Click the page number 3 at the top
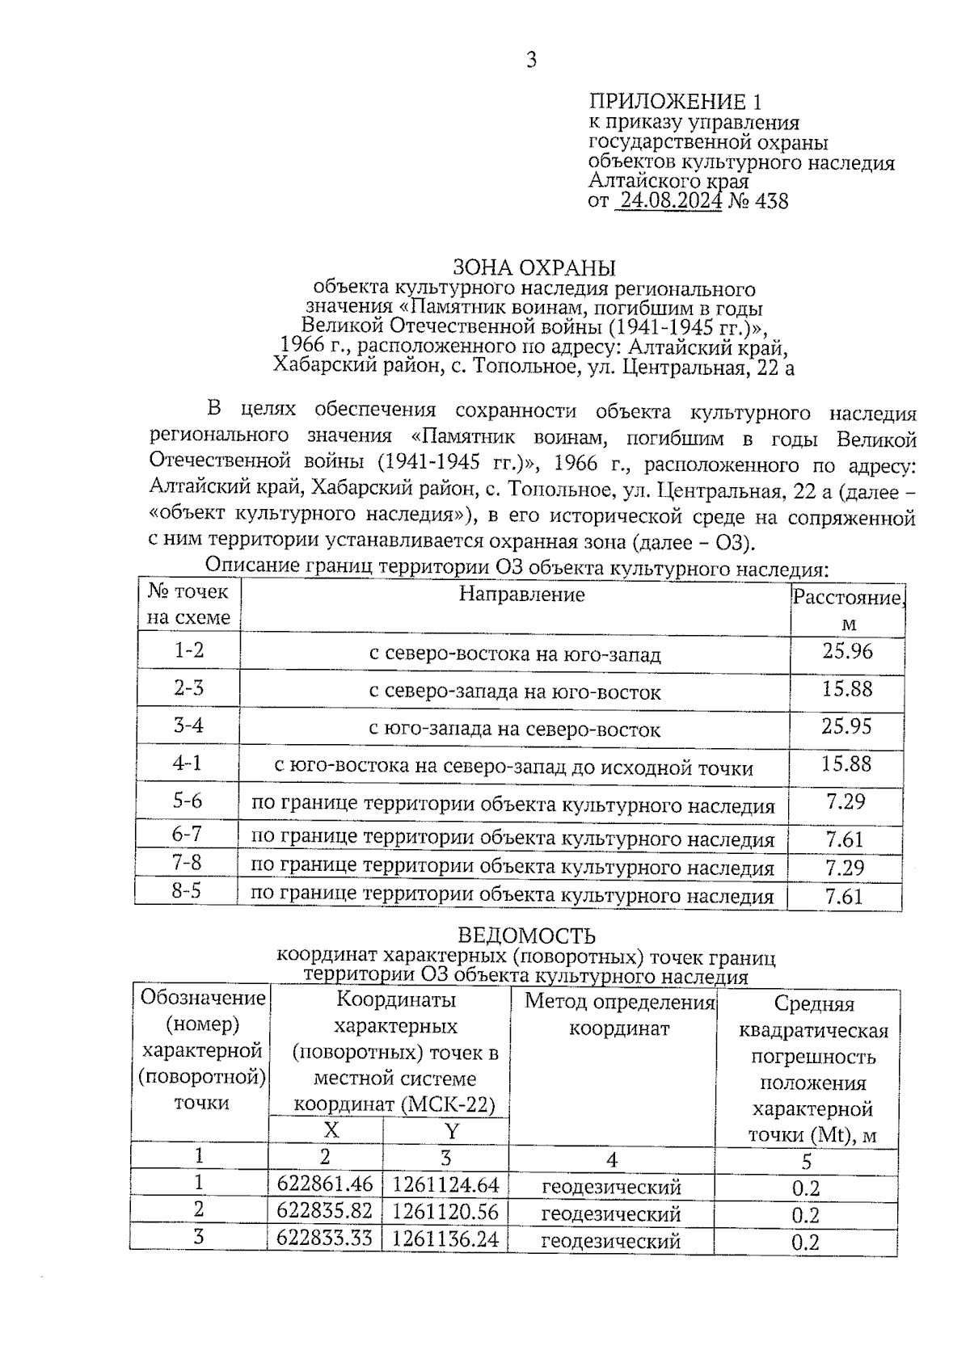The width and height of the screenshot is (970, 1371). click(531, 61)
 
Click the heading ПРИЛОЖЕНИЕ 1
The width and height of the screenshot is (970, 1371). click(675, 102)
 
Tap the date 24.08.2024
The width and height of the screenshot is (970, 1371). click(668, 200)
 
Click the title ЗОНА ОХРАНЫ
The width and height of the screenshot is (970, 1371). click(533, 267)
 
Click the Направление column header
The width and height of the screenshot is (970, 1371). click(521, 595)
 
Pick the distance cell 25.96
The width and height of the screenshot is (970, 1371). click(847, 651)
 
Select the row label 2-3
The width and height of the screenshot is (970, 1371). click(188, 688)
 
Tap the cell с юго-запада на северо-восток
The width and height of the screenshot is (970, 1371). click(515, 730)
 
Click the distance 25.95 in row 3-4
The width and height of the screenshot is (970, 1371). click(846, 726)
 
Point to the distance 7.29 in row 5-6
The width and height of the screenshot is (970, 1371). click(846, 801)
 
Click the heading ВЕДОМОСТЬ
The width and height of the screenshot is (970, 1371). click(526, 936)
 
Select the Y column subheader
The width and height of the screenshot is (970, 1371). click(452, 1129)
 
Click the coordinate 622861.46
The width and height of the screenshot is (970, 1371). click(325, 1184)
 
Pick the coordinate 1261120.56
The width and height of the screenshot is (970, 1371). click(445, 1211)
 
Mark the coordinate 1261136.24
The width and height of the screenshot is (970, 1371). click(445, 1239)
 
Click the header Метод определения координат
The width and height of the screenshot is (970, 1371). click(620, 1016)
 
